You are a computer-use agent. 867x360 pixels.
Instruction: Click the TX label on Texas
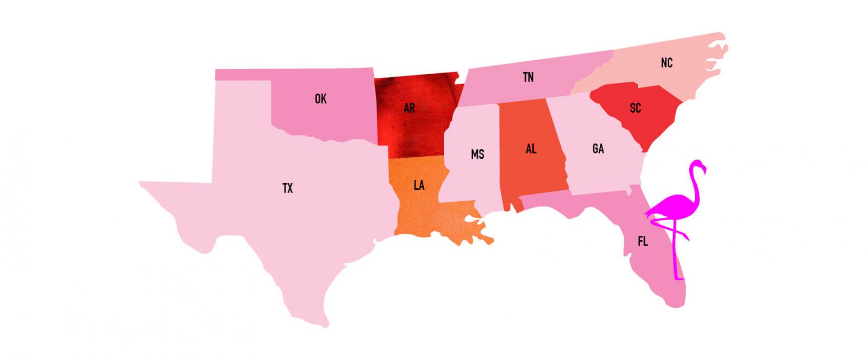(x=288, y=188)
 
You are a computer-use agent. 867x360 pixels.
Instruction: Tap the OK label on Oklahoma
(x=321, y=99)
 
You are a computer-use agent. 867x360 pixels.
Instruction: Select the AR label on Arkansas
(x=409, y=108)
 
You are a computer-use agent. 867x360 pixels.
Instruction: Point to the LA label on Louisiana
(x=419, y=185)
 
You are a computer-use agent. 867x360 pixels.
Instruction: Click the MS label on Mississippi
(x=477, y=155)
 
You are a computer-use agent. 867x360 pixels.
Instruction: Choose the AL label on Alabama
(x=531, y=149)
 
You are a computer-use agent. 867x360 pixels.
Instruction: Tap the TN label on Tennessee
(x=528, y=77)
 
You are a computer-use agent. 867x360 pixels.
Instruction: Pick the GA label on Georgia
(x=598, y=149)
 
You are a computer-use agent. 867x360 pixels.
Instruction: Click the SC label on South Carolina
(x=636, y=108)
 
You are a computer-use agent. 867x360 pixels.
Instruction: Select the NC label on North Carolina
(x=667, y=63)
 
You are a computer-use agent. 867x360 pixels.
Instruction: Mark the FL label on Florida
(x=643, y=241)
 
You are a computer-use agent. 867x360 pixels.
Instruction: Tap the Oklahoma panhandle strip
(x=244, y=75)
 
